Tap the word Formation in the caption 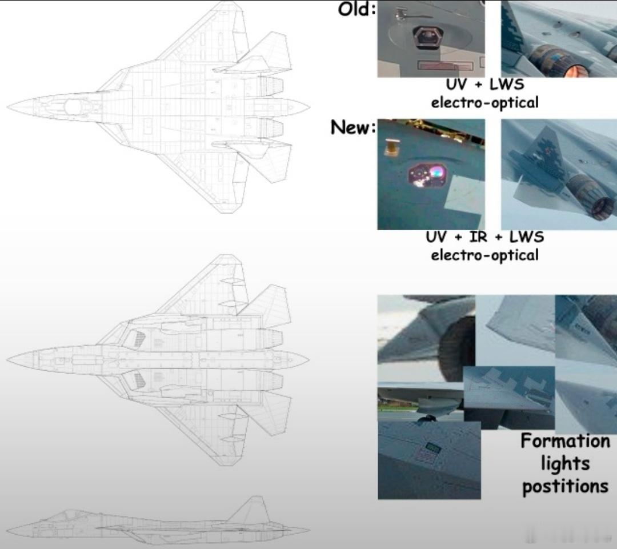tap(565, 441)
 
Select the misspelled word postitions tap(565, 486)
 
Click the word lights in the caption tap(565, 463)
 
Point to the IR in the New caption tap(478, 237)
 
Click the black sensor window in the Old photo tap(427, 37)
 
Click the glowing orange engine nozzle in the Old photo tap(575, 71)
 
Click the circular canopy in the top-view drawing tap(73, 107)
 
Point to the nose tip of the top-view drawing tap(7, 107)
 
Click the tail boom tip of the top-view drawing tap(309, 106)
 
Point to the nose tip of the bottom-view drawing tap(7, 359)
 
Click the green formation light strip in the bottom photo tap(433, 447)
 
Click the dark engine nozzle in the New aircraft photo tap(601, 208)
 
